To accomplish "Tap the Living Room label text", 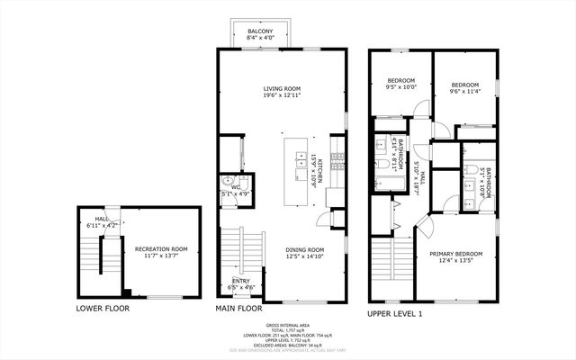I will [281, 88].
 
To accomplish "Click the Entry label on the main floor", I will [242, 281].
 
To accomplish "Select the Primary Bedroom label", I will [454, 254].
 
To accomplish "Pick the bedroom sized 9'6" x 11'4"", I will [463, 79].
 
